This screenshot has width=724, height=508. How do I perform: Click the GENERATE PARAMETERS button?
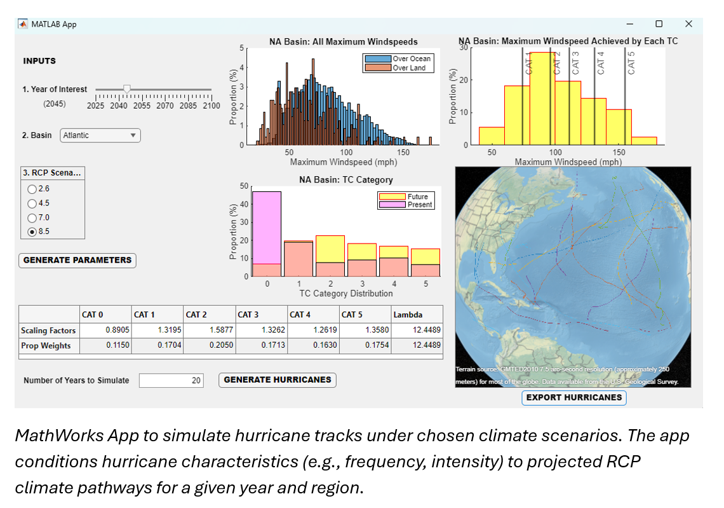pos(77,260)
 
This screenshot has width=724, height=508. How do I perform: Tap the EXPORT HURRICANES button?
pos(574,397)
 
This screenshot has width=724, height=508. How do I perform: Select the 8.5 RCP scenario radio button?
pos(31,231)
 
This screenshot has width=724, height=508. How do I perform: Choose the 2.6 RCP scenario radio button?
pos(31,189)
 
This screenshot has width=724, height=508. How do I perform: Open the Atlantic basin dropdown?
pos(100,135)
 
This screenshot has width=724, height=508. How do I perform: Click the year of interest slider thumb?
pos(127,90)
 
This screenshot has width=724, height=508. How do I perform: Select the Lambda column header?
pos(408,315)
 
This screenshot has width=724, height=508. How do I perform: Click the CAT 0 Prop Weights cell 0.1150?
pos(105,345)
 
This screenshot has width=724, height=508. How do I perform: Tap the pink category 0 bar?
pos(267,227)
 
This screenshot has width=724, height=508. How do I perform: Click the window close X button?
pos(688,24)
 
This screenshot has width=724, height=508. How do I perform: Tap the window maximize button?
pos(659,24)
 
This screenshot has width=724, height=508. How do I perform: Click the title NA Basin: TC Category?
pos(346,180)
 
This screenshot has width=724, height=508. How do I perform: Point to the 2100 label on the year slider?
pos(211,106)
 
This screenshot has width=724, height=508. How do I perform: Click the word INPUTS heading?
pos(39,61)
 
